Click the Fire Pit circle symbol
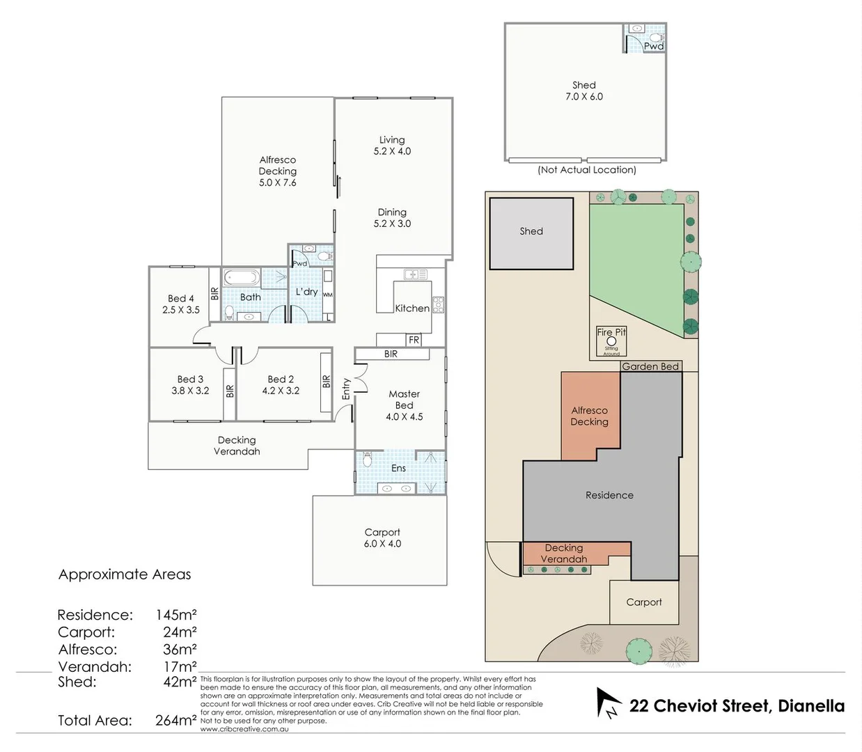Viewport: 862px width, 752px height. pos(611,341)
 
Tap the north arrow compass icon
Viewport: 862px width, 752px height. pos(607,703)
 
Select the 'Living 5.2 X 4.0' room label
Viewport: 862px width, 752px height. pos(392,146)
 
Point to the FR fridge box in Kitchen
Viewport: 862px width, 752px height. pos(414,340)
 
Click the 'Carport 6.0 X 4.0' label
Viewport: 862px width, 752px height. pos(382,538)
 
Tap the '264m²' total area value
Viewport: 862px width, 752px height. pos(175,721)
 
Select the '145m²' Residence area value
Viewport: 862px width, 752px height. pos(176,615)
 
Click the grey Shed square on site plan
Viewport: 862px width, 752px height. pos(531,233)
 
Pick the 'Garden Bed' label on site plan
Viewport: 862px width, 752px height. pos(650,366)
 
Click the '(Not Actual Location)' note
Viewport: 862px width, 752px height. pos(587,170)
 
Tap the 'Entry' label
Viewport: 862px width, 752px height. pos(346,389)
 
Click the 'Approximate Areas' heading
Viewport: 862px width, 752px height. pos(125,574)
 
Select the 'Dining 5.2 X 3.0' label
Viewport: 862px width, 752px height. pos(392,218)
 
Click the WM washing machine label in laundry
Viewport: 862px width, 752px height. pos(328,295)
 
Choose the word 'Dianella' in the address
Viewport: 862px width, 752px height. pos(811,706)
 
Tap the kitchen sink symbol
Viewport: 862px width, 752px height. pos(416,274)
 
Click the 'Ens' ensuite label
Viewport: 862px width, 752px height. pos(398,469)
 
